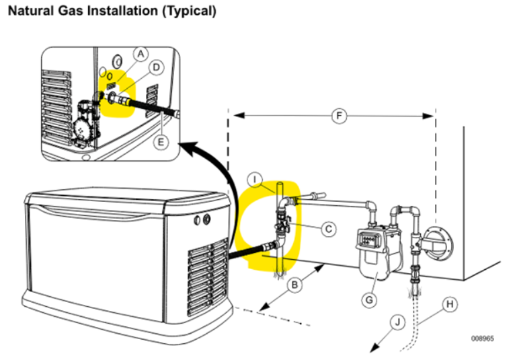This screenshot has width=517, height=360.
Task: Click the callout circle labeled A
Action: pos(140,52)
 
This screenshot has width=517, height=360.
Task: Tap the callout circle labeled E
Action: pos(159,143)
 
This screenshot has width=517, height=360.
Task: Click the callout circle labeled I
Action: pos(255,179)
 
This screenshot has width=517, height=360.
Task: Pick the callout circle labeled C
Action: pos(327,229)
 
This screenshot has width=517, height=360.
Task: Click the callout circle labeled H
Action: pos(450,303)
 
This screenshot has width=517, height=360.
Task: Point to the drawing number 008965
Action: pos(482,338)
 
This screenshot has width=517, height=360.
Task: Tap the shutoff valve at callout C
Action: pos(282,225)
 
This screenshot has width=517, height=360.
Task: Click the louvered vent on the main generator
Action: pos(208,275)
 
